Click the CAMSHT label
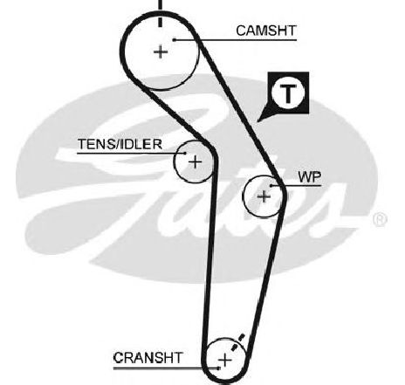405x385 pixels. click(x=266, y=31)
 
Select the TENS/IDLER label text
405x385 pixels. click(x=120, y=144)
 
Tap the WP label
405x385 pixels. click(x=310, y=176)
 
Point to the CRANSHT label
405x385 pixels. click(x=148, y=358)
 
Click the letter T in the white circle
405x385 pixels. click(x=288, y=93)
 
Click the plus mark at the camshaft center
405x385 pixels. click(x=161, y=52)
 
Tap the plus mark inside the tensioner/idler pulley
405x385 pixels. click(x=195, y=162)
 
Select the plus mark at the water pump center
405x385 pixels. click(x=264, y=197)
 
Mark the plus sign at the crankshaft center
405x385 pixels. click(x=225, y=361)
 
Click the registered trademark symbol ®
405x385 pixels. click(x=380, y=220)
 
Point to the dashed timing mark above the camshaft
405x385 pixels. click(x=160, y=13)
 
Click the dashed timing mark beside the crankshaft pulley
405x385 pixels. click(x=237, y=342)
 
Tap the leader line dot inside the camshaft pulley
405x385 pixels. click(x=174, y=39)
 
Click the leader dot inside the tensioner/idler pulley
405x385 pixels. click(x=185, y=153)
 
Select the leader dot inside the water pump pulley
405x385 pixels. click(x=271, y=185)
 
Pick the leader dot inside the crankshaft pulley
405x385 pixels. click(x=218, y=368)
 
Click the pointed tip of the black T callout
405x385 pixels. click(x=257, y=121)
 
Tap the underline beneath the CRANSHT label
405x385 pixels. click(x=166, y=368)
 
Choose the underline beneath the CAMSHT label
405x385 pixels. click(x=236, y=39)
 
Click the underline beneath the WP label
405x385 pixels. click(x=296, y=185)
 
